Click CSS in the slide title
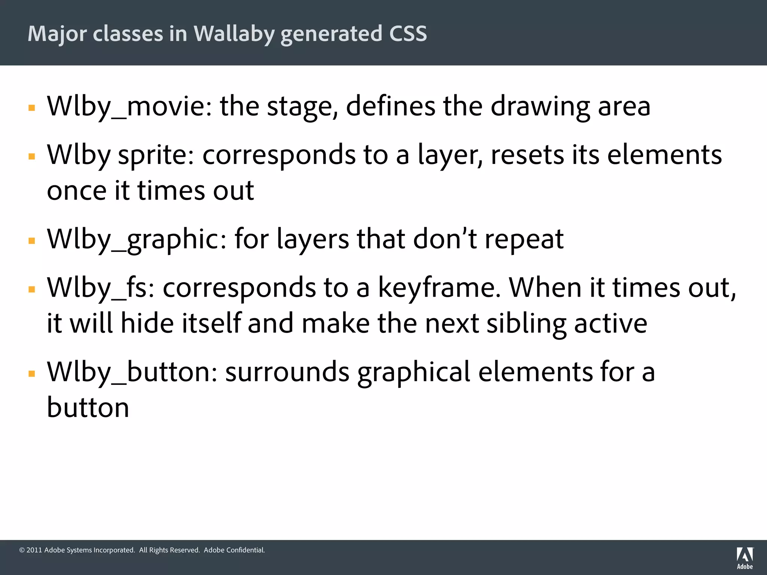tap(408, 34)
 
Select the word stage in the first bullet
tap(299, 107)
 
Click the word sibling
tap(526, 323)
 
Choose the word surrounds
tap(287, 372)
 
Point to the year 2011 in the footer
tap(34, 550)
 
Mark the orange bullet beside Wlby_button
tap(32, 374)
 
